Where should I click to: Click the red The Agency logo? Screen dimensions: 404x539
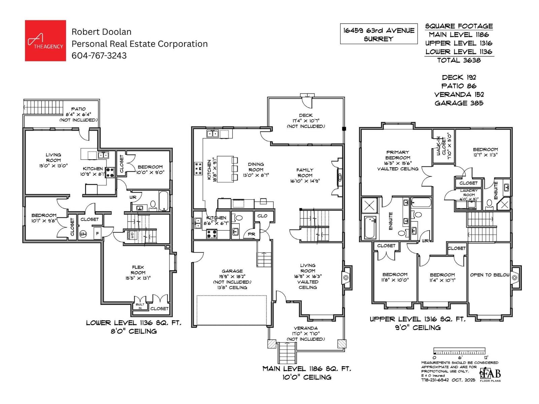pyautogui.click(x=45, y=41)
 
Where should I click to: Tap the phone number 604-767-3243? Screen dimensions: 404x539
pyautogui.click(x=99, y=56)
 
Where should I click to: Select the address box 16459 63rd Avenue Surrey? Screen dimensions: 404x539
pyautogui.click(x=379, y=34)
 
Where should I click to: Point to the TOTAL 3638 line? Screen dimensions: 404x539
pyautogui.click(x=459, y=60)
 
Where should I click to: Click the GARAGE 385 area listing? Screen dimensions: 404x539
pyautogui.click(x=459, y=103)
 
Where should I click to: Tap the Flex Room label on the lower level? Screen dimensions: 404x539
pyautogui.click(x=138, y=272)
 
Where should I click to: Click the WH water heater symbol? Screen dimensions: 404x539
pyautogui.click(x=83, y=234)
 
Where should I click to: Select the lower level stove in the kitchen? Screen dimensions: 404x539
pyautogui.click(x=110, y=172)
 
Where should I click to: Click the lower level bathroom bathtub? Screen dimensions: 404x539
pyautogui.click(x=164, y=201)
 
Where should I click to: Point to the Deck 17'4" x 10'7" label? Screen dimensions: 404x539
pyautogui.click(x=306, y=121)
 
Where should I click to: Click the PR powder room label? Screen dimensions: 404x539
pyautogui.click(x=252, y=234)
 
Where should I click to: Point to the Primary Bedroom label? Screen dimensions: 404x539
pyautogui.click(x=398, y=158)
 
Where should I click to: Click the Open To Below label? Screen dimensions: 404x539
pyautogui.click(x=489, y=275)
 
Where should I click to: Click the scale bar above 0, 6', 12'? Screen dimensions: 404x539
pyautogui.click(x=459, y=351)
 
